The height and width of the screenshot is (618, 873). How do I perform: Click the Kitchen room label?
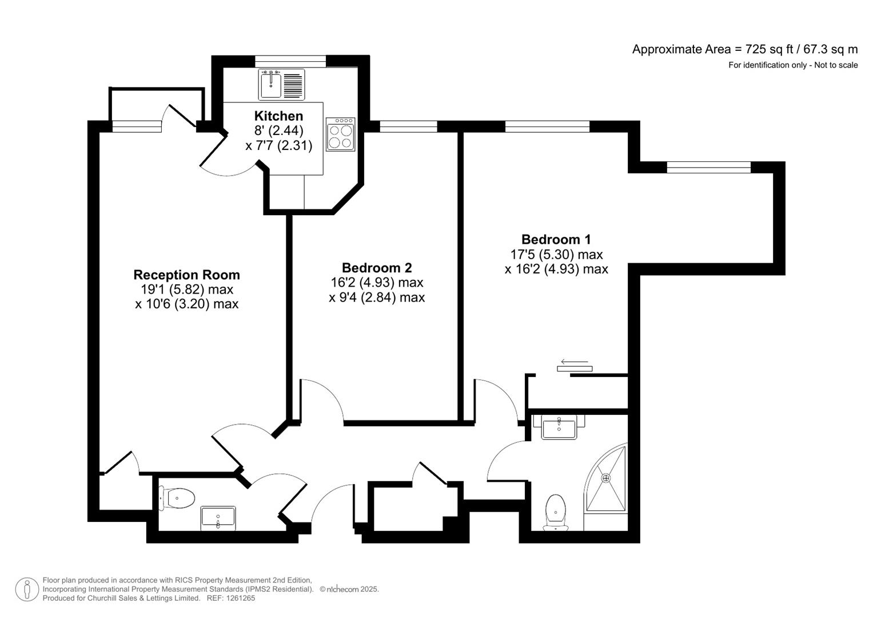click(278, 116)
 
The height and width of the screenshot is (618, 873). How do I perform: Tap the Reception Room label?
click(186, 275)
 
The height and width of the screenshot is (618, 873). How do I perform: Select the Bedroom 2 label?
click(377, 268)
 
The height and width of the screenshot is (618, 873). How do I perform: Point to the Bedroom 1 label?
click(556, 239)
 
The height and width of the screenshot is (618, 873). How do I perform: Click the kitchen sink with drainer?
click(281, 84)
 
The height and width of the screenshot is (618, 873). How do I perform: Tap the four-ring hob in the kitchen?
click(340, 134)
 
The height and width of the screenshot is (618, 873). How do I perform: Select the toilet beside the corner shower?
click(555, 511)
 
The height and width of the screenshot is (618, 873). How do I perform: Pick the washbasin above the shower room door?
click(559, 426)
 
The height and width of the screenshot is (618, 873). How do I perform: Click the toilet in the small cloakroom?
click(178, 498)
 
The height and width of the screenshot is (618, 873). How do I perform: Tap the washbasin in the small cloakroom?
click(218, 518)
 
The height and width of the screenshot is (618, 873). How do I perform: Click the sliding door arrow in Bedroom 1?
click(574, 362)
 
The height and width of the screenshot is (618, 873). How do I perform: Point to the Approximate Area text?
click(744, 49)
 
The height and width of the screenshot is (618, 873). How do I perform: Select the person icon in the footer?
click(27, 589)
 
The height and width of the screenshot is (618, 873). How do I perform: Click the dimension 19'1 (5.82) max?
click(186, 290)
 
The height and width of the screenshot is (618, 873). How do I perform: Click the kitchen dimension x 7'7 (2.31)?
click(279, 145)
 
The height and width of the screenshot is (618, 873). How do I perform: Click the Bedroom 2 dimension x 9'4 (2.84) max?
click(377, 297)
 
